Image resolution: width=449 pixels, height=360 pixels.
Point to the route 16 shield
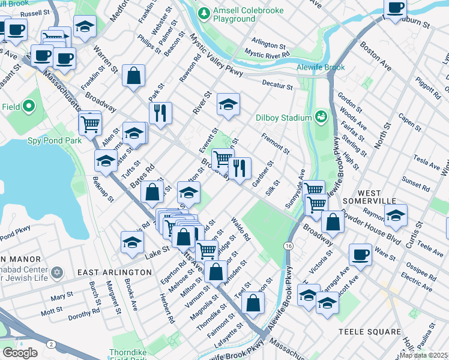click(289, 246)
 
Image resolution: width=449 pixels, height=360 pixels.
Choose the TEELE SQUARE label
click(369, 332)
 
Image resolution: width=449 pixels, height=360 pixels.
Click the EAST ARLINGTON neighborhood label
click(115, 272)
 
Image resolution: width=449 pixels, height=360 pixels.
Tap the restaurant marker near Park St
click(160, 112)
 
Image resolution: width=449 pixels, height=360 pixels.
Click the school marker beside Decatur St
click(228, 104)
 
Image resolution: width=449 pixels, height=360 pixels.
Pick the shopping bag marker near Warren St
click(133, 76)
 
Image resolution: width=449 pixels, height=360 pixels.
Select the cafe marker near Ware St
click(360, 253)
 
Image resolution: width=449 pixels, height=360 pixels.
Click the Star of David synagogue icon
click(58, 273)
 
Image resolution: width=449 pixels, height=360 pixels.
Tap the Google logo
click(20, 353)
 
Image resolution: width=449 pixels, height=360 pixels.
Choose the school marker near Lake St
click(132, 242)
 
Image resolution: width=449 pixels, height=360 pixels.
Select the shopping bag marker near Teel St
click(253, 302)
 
